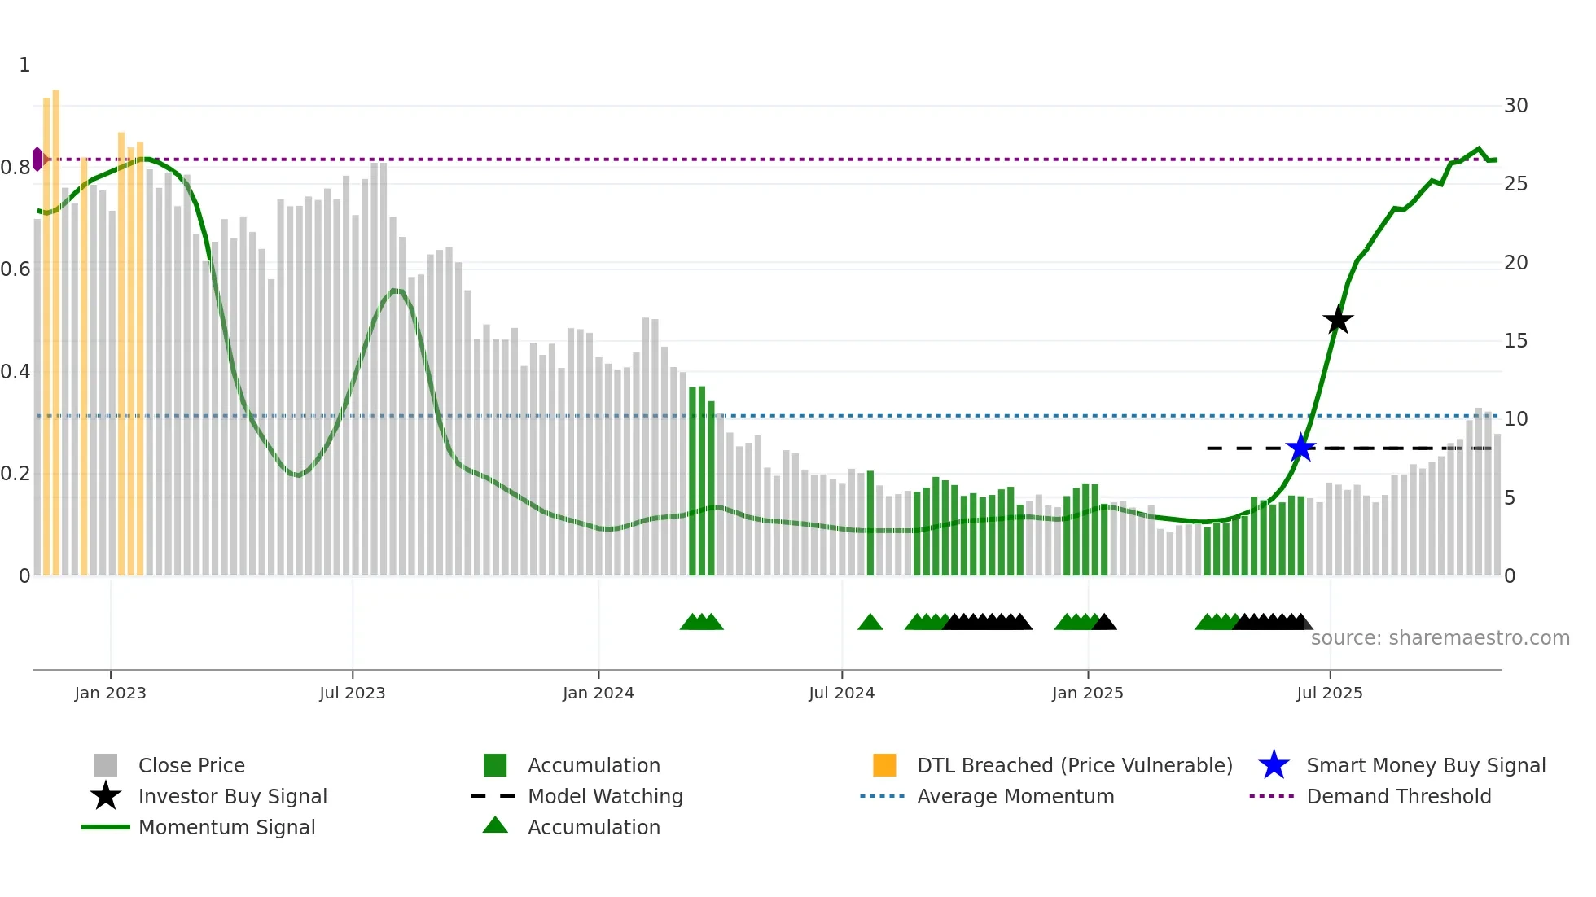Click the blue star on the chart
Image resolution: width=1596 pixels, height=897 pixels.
pyautogui.click(x=1300, y=448)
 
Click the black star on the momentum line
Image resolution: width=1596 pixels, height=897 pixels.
pyautogui.click(x=1338, y=320)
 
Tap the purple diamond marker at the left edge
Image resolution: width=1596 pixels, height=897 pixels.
pyautogui.click(x=37, y=159)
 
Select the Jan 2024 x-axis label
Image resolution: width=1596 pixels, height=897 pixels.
pyautogui.click(x=598, y=693)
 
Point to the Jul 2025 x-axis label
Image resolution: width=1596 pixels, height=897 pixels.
pyautogui.click(x=1329, y=693)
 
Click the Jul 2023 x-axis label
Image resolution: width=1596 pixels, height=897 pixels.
pyautogui.click(x=352, y=693)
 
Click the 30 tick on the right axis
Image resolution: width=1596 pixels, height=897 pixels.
pyautogui.click(x=1515, y=106)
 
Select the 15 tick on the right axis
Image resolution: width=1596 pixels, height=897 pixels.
pyautogui.click(x=1515, y=341)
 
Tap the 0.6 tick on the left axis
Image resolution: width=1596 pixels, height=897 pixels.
pyautogui.click(x=15, y=269)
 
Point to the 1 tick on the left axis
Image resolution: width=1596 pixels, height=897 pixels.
pyautogui.click(x=24, y=65)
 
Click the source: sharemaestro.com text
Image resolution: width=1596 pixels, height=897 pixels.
pyautogui.click(x=1440, y=638)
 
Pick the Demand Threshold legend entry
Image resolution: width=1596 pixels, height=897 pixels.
pyautogui.click(x=1398, y=796)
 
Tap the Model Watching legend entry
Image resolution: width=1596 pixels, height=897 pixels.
pyautogui.click(x=604, y=796)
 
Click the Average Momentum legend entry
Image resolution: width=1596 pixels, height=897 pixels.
pyautogui.click(x=1015, y=796)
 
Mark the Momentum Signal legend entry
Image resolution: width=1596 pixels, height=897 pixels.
pyautogui.click(x=226, y=827)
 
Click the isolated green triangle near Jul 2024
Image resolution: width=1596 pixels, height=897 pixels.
pyautogui.click(x=870, y=623)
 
